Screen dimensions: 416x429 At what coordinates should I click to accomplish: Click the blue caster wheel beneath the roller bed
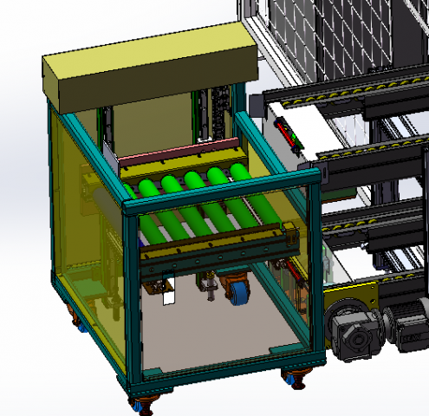click(236, 292)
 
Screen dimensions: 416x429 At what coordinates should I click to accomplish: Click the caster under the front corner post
click(140, 403)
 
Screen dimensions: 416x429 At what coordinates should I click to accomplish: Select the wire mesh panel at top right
click(347, 35)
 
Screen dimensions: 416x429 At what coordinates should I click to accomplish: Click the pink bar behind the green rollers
click(178, 156)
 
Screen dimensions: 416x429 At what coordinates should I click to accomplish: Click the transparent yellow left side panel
click(82, 225)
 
